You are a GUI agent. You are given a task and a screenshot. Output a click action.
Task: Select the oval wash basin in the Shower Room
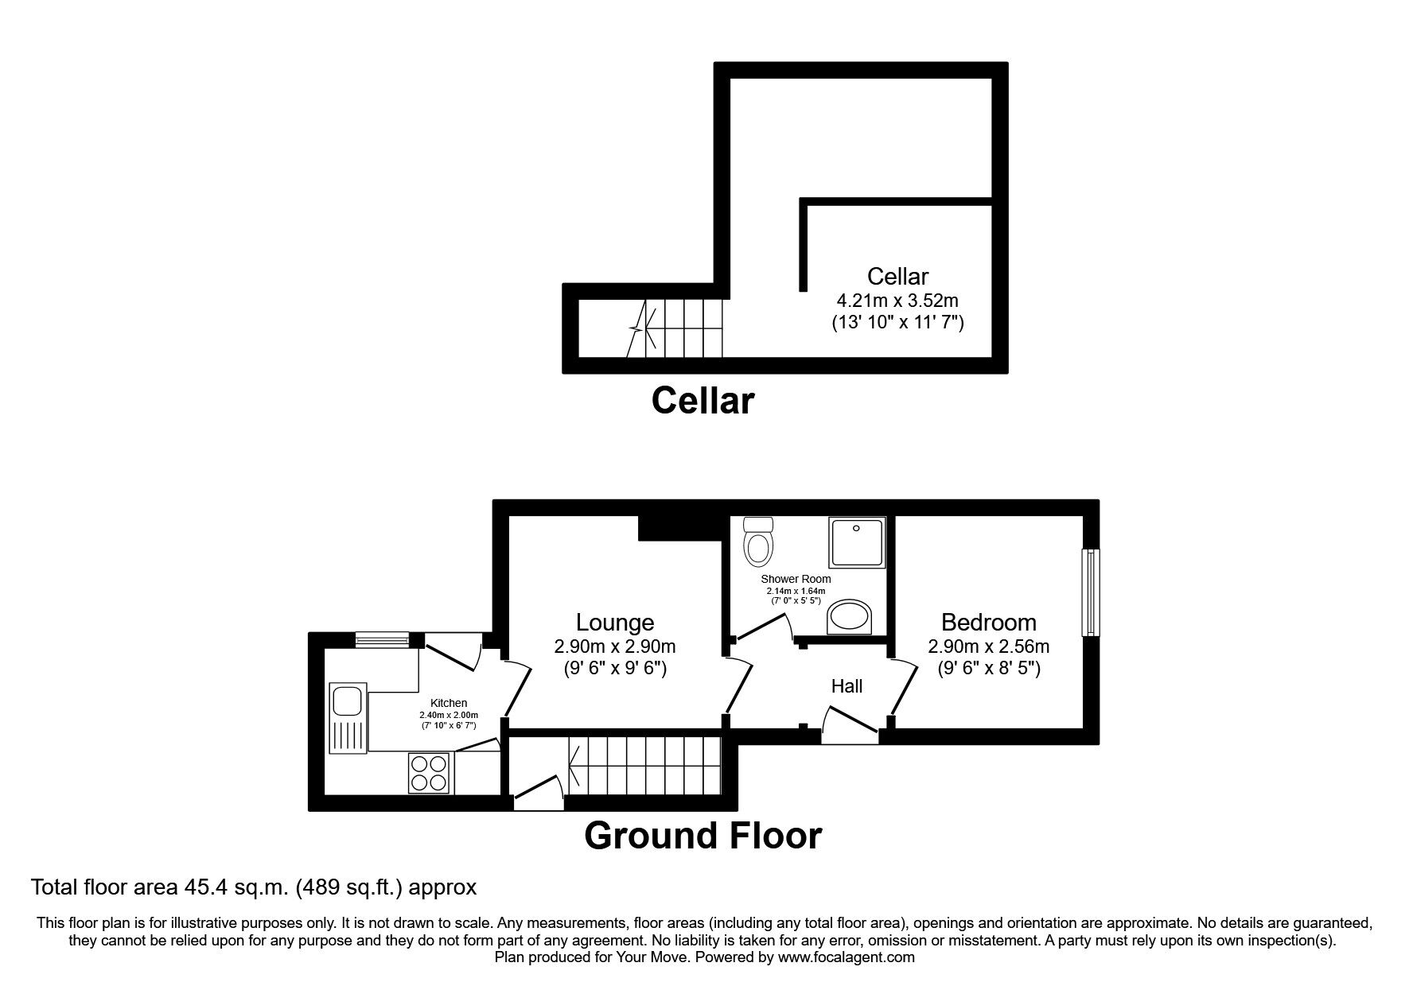[x=850, y=617]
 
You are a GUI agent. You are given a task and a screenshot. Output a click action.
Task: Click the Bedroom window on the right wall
[x=1089, y=592]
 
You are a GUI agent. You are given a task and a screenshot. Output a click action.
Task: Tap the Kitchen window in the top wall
[x=382, y=637]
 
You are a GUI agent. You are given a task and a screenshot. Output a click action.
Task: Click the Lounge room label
[x=615, y=622]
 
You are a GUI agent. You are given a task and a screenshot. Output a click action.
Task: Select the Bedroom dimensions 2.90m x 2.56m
[x=988, y=646]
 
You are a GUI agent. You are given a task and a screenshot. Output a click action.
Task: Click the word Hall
[x=847, y=686]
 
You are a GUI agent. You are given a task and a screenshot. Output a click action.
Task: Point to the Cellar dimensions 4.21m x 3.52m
[x=897, y=301]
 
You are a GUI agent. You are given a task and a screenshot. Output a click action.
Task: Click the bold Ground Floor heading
[x=703, y=836]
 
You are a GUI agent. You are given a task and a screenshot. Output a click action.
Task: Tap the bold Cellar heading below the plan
[x=703, y=401]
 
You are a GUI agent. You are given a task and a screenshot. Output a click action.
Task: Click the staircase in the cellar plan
[x=676, y=328]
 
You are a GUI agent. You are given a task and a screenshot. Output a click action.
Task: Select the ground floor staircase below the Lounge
[x=644, y=766]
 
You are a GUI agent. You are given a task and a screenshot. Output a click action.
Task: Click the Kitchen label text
[x=449, y=703]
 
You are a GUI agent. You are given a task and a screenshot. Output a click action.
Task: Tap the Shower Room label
[x=796, y=579]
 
